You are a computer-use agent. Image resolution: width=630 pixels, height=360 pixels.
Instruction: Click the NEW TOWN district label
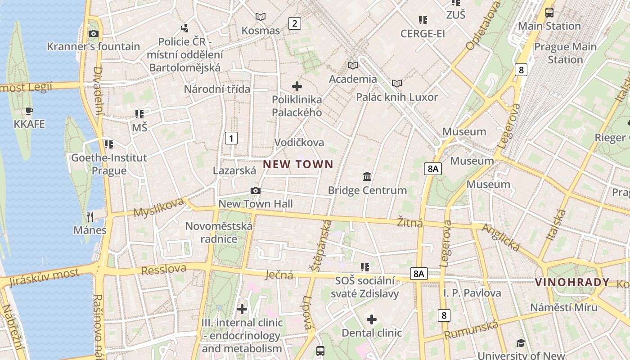[298, 164]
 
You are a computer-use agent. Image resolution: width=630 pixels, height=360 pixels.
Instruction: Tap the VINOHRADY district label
[572, 283]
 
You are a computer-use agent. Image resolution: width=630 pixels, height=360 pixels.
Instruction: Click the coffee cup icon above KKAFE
[29, 111]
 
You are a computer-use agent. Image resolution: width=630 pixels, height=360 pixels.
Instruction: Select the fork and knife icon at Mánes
[90, 216]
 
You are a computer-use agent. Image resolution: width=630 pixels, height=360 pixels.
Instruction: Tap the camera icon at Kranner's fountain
[94, 33]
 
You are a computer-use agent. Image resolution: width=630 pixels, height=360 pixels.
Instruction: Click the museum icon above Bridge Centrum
[367, 176]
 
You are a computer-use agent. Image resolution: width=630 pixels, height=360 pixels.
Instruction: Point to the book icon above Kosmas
[261, 17]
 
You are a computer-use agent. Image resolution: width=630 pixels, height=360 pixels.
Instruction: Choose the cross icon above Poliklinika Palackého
[297, 86]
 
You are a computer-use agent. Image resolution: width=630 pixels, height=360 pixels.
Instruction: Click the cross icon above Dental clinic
[371, 319]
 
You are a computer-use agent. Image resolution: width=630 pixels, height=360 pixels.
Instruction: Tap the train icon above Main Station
[549, 12]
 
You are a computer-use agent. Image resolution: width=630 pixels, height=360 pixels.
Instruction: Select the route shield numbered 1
[231, 138]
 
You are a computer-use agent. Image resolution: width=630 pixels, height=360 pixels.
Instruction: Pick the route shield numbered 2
[294, 23]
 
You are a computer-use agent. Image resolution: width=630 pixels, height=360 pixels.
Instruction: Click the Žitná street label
[410, 222]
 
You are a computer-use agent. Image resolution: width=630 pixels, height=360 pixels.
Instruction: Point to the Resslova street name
[164, 270]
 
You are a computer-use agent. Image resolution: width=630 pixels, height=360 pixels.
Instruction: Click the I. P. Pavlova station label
[472, 293]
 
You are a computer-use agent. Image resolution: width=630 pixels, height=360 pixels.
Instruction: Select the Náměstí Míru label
[563, 307]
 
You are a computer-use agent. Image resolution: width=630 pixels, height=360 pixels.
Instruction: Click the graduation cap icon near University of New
[521, 343]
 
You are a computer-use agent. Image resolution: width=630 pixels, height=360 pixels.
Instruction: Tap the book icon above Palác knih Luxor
[396, 84]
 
